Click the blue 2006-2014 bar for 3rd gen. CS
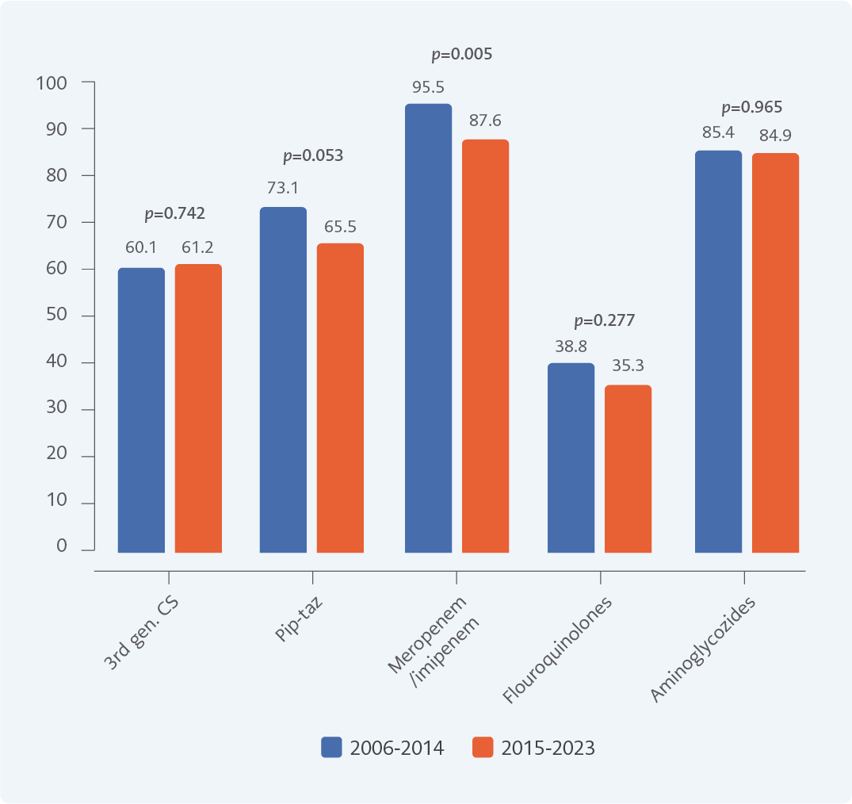point(141,410)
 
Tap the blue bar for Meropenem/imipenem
point(428,328)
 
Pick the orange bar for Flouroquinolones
point(628,469)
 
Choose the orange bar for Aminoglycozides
point(775,353)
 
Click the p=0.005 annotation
point(461,55)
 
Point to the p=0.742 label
point(174,213)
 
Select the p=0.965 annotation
point(751,108)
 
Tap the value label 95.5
point(428,87)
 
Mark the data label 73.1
point(283,189)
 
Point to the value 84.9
point(775,134)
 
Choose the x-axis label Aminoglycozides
point(703,650)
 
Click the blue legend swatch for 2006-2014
point(331,747)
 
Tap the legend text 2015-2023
point(548,748)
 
